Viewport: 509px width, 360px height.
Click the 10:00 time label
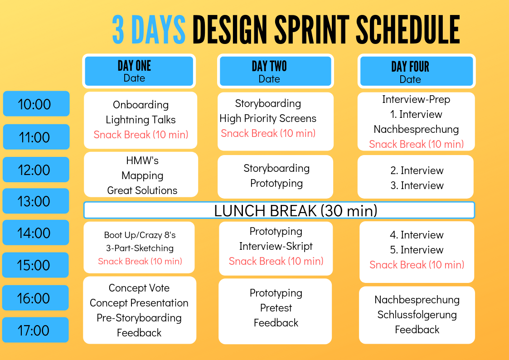(x=36, y=104)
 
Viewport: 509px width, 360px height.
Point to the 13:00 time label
(x=36, y=201)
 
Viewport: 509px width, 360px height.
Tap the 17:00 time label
(x=35, y=331)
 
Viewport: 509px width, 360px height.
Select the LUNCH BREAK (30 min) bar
(x=296, y=210)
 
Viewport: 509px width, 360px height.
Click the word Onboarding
(x=141, y=105)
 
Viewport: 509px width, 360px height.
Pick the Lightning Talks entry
(x=141, y=120)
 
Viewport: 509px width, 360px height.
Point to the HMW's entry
(x=142, y=161)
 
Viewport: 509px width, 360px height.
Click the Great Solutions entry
(x=142, y=190)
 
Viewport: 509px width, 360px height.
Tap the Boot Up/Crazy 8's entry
(x=140, y=235)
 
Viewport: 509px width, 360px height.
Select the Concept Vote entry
(x=139, y=288)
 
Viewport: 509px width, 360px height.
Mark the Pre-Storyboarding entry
(x=139, y=318)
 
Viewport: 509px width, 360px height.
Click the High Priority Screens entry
(x=268, y=118)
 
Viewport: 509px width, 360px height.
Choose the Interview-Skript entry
(x=276, y=246)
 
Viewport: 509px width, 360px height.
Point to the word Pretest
(x=276, y=308)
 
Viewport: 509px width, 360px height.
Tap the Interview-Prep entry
(x=416, y=99)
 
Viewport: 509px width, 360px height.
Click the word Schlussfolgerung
(x=417, y=315)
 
